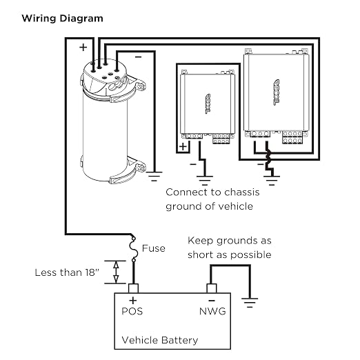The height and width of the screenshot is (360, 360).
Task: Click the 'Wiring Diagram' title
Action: click(62, 19)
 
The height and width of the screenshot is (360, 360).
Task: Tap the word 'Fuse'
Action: click(154, 248)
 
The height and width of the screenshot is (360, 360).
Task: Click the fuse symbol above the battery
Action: click(134, 249)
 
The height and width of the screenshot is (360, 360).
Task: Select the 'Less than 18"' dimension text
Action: click(67, 272)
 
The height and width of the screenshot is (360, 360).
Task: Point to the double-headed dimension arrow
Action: click(116, 272)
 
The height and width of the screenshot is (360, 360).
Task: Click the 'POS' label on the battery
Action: click(132, 311)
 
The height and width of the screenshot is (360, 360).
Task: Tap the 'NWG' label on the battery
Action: click(212, 311)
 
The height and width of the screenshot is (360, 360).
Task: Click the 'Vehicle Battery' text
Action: click(160, 340)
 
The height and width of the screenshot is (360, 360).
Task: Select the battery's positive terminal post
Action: click(133, 288)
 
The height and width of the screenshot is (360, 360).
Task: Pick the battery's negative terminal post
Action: click(212, 288)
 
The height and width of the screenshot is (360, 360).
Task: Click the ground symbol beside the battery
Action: click(250, 303)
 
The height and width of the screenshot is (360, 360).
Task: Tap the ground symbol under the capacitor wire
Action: click(154, 177)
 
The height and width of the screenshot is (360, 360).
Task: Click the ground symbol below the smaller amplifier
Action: click(205, 181)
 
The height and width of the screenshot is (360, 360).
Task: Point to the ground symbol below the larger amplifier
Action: click(272, 181)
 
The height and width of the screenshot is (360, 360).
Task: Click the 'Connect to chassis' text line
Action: click(212, 192)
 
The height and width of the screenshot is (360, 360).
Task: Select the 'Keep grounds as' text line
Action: click(230, 241)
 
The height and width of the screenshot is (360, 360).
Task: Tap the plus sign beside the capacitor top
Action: click(83, 48)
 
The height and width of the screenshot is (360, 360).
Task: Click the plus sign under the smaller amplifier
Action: click(183, 146)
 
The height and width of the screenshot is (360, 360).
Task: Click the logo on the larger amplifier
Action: click(277, 92)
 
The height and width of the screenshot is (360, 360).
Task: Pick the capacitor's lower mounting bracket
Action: click(127, 171)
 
